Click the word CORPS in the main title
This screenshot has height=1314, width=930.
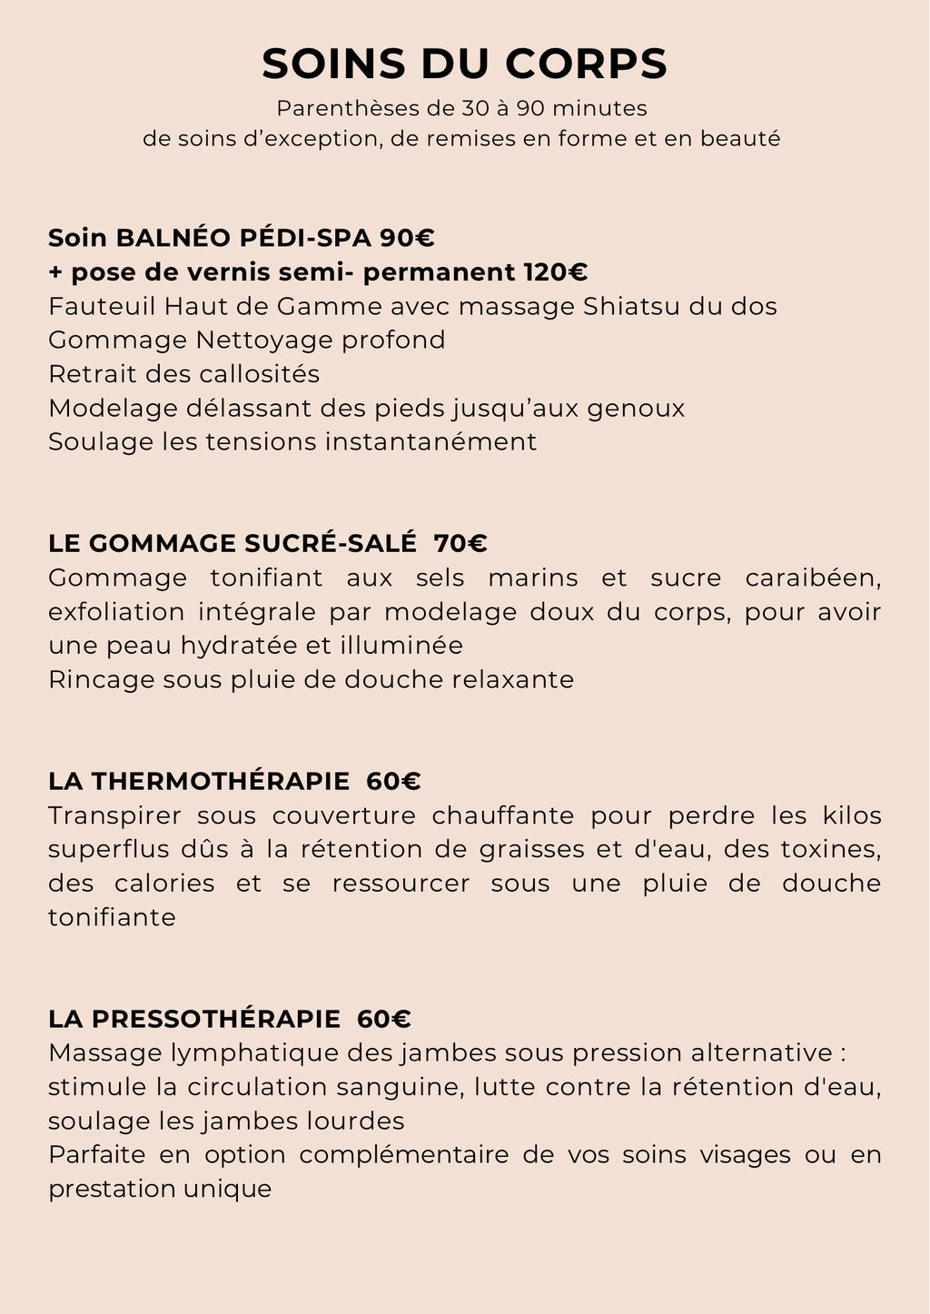click(x=586, y=64)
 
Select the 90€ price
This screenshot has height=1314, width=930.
click(x=408, y=238)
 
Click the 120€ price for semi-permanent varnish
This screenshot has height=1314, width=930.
click(x=555, y=272)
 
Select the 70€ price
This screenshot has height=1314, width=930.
click(x=460, y=543)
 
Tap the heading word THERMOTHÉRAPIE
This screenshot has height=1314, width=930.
click(x=221, y=781)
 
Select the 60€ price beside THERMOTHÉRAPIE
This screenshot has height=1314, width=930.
click(x=394, y=781)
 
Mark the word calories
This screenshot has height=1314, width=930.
click(x=164, y=884)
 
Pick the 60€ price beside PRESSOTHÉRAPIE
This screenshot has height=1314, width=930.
click(x=384, y=1019)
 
